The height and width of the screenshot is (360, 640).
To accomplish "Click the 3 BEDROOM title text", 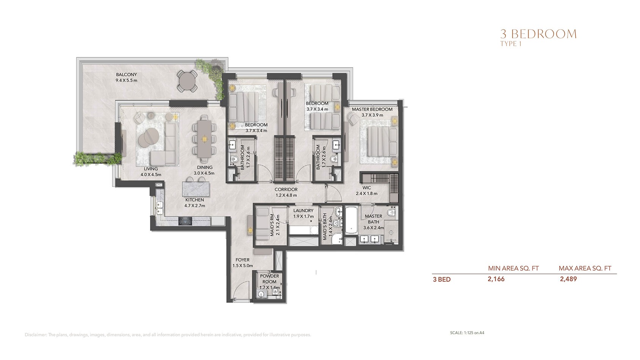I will coord(538,34).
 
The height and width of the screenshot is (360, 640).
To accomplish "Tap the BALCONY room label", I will coord(126,75).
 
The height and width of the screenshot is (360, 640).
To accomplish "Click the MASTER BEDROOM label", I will coord(372,110).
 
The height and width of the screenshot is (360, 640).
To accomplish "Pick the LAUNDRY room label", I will coord(303,211).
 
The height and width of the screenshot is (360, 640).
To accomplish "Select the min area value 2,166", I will coord(496,279).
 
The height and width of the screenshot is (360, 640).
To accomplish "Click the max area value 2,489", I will coord(568,279).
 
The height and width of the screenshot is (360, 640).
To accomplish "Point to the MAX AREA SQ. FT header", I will coord(585,268).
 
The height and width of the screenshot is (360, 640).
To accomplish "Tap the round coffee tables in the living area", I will coord(148,136).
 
